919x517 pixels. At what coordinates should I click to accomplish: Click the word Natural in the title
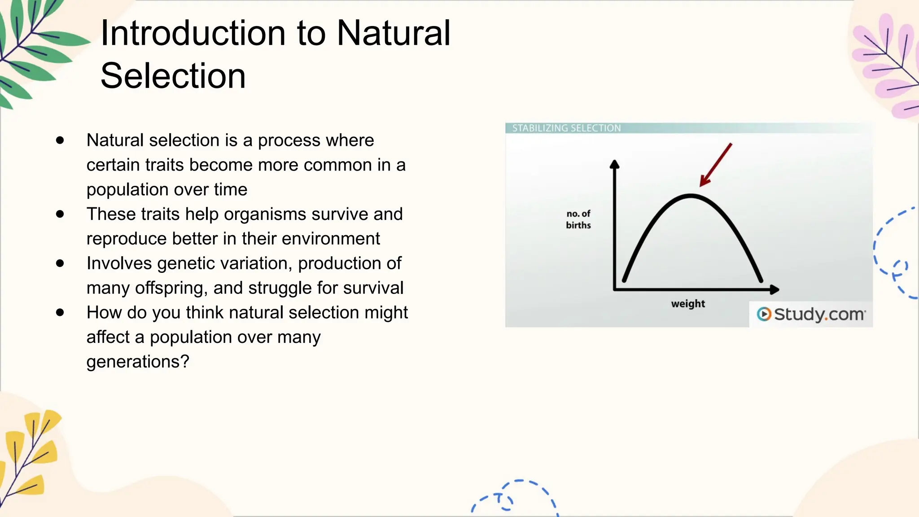point(393,34)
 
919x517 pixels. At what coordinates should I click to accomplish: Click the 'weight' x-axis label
point(688,304)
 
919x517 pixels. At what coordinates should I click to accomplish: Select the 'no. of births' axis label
point(578,219)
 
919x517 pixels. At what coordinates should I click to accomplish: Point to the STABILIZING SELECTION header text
point(566,128)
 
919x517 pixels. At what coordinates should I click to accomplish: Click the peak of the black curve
point(691,196)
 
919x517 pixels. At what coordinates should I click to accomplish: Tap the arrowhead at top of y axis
point(614,164)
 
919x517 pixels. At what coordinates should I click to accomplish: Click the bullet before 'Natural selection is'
point(60,140)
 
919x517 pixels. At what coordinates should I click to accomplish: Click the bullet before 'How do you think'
point(60,312)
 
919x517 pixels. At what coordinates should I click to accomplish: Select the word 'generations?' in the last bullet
point(138,362)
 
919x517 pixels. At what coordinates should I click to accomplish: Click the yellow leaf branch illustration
point(29,453)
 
